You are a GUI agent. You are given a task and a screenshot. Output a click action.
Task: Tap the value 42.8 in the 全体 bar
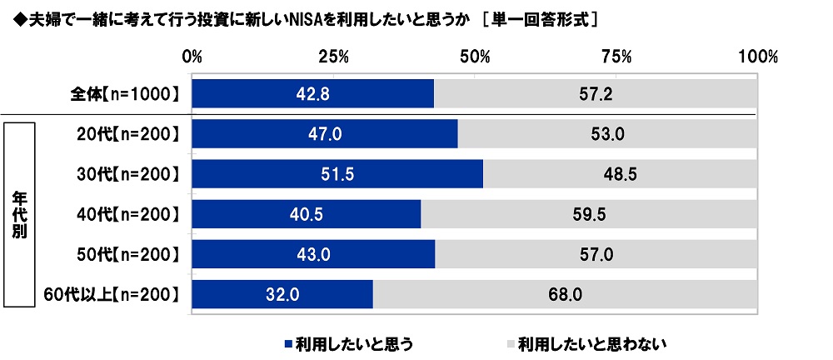point(313,94)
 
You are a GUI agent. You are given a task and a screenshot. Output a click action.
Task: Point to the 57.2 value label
point(596,94)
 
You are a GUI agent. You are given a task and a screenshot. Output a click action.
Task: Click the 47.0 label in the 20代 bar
point(325,133)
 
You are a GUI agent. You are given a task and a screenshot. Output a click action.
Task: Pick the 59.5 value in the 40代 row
point(588,213)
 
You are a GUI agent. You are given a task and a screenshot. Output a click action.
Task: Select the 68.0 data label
point(564,293)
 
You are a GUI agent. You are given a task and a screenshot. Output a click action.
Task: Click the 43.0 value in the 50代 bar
point(313,253)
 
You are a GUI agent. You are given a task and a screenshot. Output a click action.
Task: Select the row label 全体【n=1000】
point(125,94)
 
